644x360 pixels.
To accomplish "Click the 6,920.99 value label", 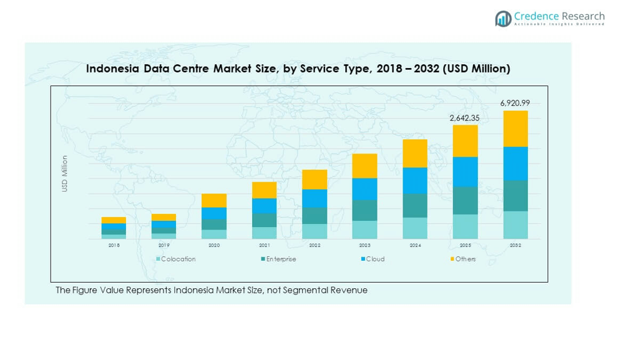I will pyautogui.click(x=515, y=103).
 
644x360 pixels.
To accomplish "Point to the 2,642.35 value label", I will pyautogui.click(x=465, y=117).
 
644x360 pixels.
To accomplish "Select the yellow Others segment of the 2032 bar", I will pyautogui.click(x=515, y=129).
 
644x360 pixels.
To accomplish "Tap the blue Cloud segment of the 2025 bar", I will pyautogui.click(x=465, y=172).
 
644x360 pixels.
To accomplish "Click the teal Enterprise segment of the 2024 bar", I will pyautogui.click(x=415, y=205).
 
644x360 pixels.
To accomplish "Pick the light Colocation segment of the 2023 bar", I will pyautogui.click(x=364, y=230).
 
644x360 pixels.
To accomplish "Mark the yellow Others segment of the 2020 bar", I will pyautogui.click(x=214, y=200).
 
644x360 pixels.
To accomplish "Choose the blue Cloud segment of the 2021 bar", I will pyautogui.click(x=264, y=206).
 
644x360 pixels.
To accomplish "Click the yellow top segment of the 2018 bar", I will pyautogui.click(x=114, y=220).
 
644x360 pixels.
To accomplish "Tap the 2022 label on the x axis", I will pyautogui.click(x=315, y=246).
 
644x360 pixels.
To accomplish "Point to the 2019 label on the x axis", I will pyautogui.click(x=163, y=246).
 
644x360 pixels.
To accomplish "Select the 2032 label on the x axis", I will pyautogui.click(x=515, y=246).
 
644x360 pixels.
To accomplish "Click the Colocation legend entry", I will pyautogui.click(x=177, y=259).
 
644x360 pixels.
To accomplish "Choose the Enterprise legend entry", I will pyautogui.click(x=279, y=259).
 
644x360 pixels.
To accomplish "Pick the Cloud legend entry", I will pyautogui.click(x=373, y=259).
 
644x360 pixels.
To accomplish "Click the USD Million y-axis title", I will pyautogui.click(x=64, y=173).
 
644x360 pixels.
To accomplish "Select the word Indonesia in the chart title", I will pyautogui.click(x=113, y=69).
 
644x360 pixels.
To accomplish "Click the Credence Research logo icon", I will pyautogui.click(x=503, y=19).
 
